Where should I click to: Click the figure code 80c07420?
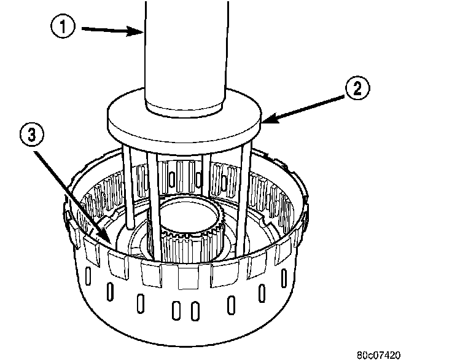coord(378,354)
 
